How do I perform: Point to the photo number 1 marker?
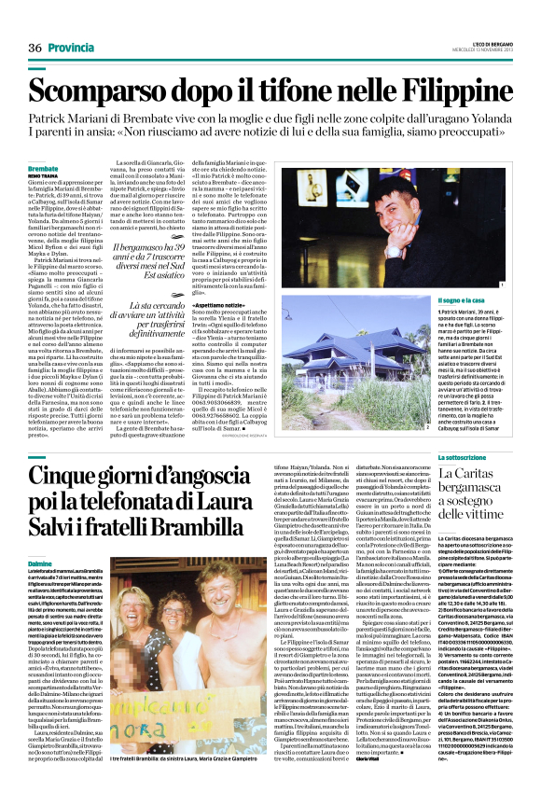click(x=501, y=284)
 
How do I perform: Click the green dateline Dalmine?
click(x=41, y=564)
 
